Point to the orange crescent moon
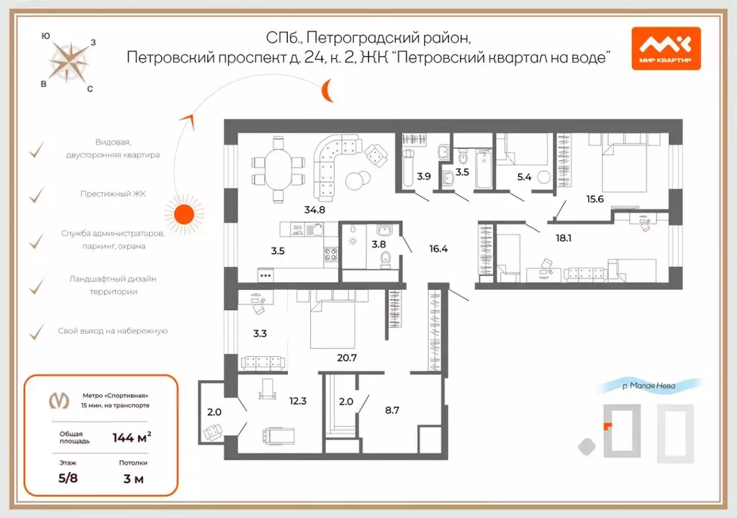[x=327, y=91]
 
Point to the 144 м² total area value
[x=132, y=437]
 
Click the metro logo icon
[x=55, y=401]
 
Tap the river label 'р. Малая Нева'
[x=649, y=386]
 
